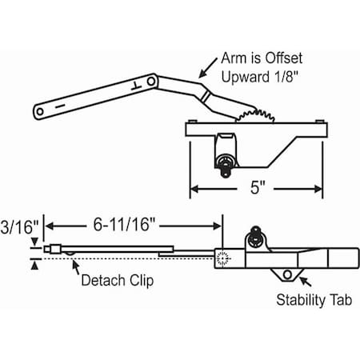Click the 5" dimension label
[x=258, y=187]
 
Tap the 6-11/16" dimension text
[x=124, y=225]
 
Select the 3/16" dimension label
[x=19, y=227]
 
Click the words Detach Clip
[x=118, y=281]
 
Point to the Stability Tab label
[x=314, y=300]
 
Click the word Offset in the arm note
[x=284, y=58]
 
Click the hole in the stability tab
[x=287, y=274]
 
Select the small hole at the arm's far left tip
[x=40, y=111]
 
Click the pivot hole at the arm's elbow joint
[x=151, y=81]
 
